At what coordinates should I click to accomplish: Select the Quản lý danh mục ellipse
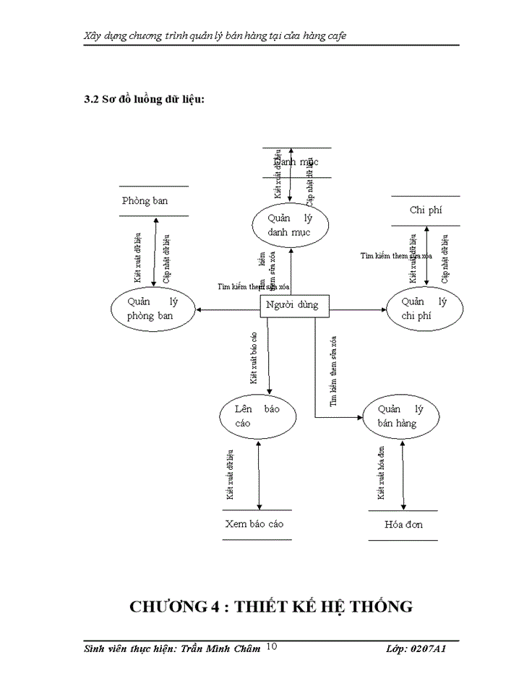click(291, 225)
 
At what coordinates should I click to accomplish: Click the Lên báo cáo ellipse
click(257, 416)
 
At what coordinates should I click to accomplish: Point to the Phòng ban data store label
click(145, 201)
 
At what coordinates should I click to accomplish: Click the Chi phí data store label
click(425, 210)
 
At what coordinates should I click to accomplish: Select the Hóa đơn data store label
click(403, 524)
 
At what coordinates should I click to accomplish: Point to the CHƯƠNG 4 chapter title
click(271, 607)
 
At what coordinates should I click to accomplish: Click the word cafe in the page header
click(334, 35)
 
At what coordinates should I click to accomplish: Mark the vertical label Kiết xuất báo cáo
click(254, 358)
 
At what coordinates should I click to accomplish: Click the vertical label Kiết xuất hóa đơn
click(381, 474)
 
